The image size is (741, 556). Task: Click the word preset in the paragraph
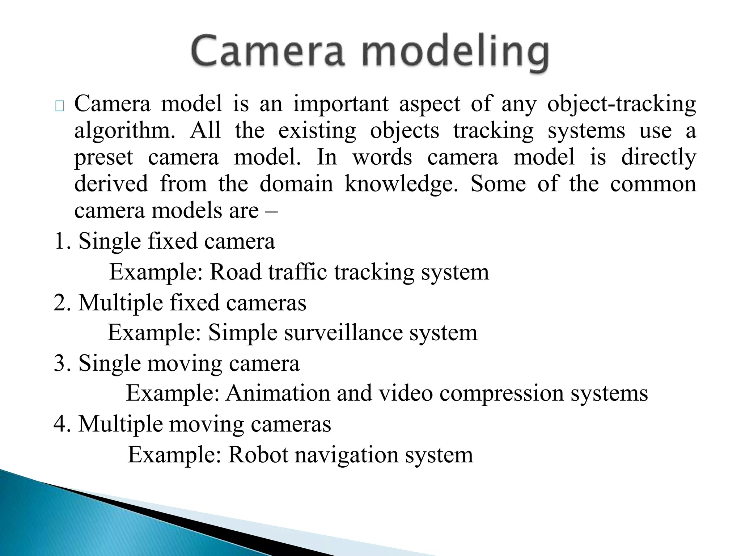point(104,158)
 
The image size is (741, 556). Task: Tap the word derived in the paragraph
point(111,184)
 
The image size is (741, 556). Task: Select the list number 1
point(60,241)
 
